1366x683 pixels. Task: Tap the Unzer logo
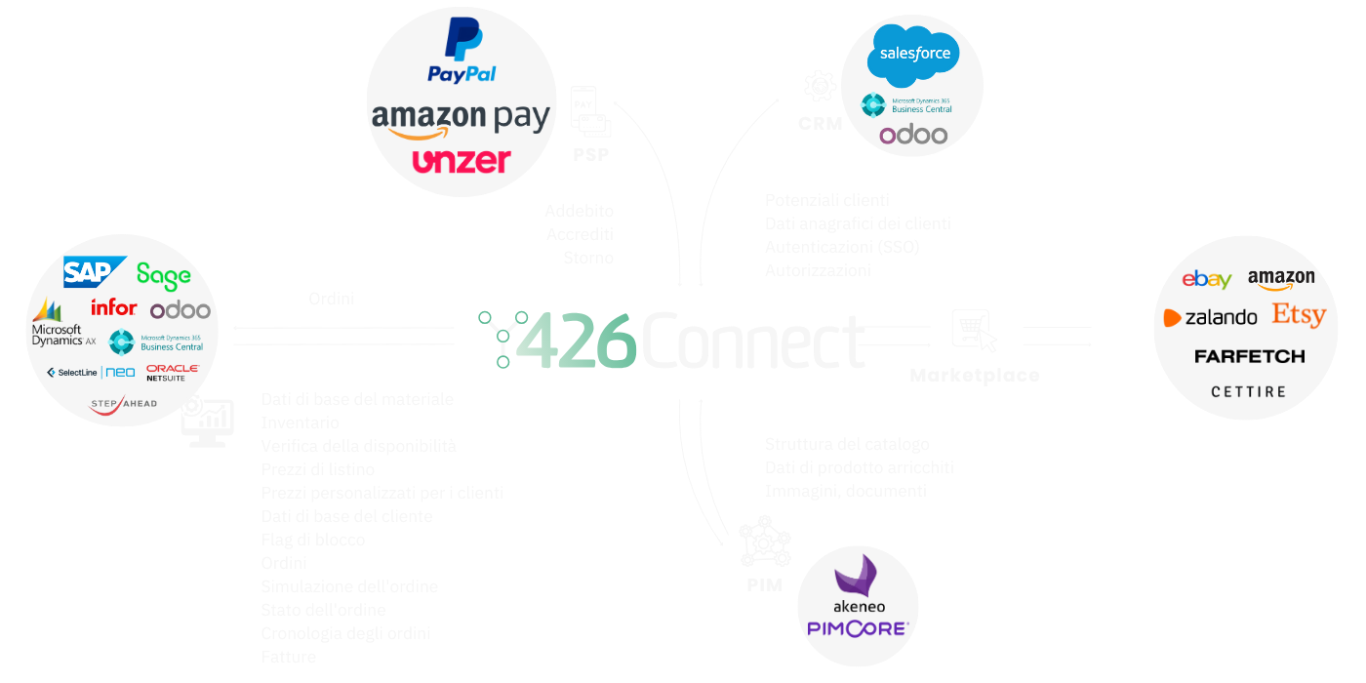[461, 160]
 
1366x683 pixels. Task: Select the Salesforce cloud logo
[914, 55]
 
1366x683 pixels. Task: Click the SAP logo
[95, 272]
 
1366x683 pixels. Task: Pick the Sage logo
[164, 275]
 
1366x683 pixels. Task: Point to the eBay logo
[1207, 280]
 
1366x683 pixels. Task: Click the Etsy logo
[1299, 315]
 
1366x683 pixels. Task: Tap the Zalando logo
[1211, 317]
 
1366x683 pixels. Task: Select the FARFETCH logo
[1249, 356]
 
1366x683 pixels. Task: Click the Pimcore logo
[858, 629]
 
